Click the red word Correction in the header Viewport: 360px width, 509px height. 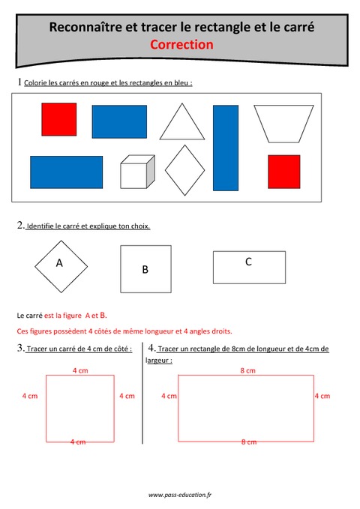tap(181, 44)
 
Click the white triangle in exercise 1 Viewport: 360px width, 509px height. tap(180, 125)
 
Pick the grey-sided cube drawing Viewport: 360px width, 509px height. tap(136, 172)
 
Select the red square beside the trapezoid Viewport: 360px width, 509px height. tap(283, 171)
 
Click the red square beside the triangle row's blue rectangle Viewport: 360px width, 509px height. tap(58, 119)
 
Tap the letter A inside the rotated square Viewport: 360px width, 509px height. tap(59, 263)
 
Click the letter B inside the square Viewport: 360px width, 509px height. tap(145, 269)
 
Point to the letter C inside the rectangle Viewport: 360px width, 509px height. tap(248, 262)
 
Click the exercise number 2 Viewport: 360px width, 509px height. tap(19, 226)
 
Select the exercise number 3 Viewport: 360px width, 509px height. tap(19, 348)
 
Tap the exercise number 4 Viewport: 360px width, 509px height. tap(151, 348)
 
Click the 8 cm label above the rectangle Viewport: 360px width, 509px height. tap(247, 370)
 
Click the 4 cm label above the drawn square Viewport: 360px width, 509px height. tap(79, 370)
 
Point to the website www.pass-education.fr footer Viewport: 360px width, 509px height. tap(180, 496)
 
